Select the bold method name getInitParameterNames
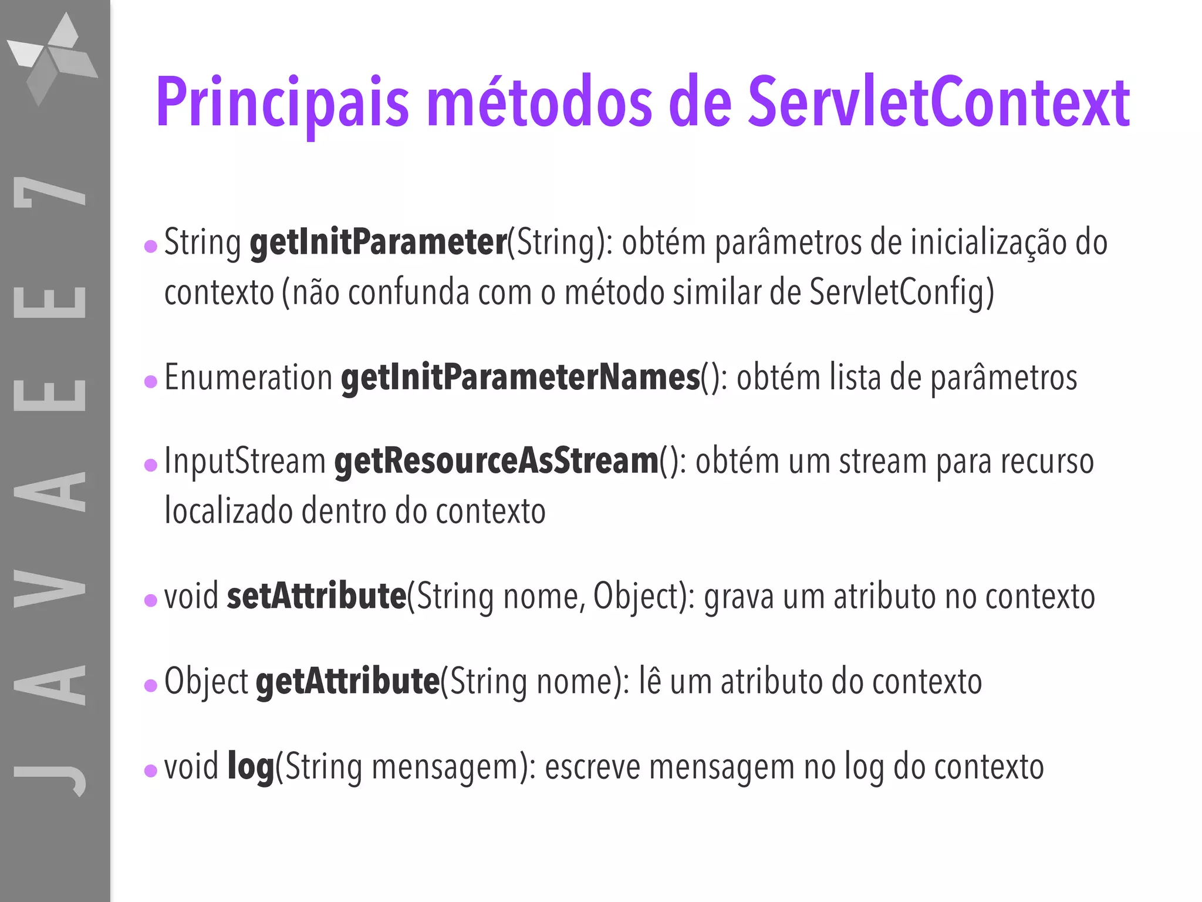520,377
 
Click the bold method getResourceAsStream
497,461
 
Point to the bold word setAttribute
316,596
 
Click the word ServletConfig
901,292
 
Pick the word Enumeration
248,377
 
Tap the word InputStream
245,461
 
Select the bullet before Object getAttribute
151,685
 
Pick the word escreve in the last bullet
592,766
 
